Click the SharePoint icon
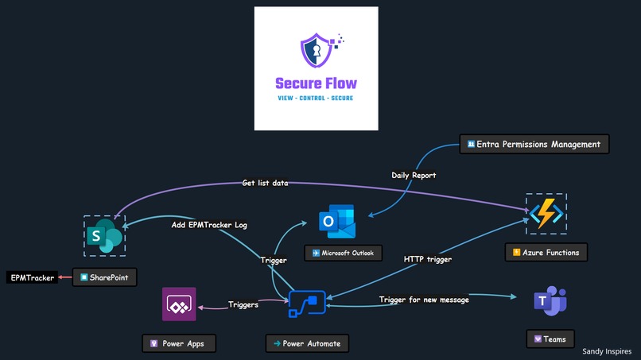click(x=104, y=235)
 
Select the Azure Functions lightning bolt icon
click(x=546, y=213)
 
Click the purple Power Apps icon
click(x=179, y=304)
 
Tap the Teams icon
click(x=550, y=302)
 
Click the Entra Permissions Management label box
click(x=534, y=144)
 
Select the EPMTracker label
click(x=32, y=277)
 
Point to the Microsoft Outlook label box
click(x=343, y=253)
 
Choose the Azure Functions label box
click(x=546, y=253)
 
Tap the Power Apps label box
click(x=179, y=343)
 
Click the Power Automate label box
click(x=307, y=343)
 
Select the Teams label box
click(x=550, y=339)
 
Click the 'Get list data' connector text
click(x=265, y=183)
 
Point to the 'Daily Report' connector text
click(x=414, y=175)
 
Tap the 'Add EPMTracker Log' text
click(x=209, y=225)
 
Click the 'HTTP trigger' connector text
click(x=427, y=259)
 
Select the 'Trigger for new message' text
click(x=423, y=300)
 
